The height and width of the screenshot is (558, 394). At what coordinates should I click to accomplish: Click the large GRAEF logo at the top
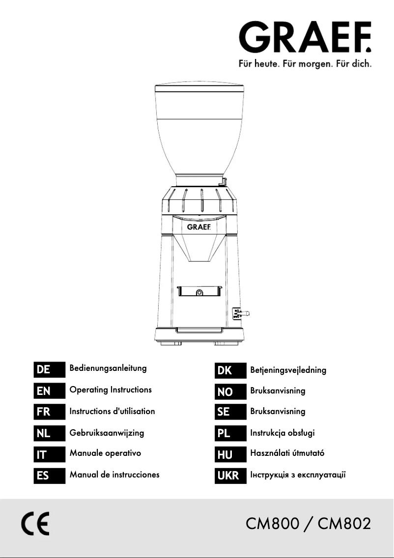(305, 37)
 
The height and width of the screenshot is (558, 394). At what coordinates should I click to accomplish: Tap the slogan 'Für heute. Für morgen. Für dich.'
(305, 64)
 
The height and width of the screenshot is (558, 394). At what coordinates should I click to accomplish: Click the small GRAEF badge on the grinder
(199, 227)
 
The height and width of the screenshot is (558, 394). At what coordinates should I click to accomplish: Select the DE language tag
(50, 369)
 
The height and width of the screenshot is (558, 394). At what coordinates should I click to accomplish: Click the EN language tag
(50, 391)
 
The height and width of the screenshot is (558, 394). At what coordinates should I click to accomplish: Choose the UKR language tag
(230, 475)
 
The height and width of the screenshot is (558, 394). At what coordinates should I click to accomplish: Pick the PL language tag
(230, 433)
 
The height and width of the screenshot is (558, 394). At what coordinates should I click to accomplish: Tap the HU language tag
(230, 454)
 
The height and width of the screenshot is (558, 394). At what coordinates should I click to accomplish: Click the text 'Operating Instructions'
(111, 390)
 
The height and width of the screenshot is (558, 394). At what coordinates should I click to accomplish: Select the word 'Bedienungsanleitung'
(108, 368)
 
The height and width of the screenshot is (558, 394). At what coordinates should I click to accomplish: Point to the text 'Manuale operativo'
(105, 453)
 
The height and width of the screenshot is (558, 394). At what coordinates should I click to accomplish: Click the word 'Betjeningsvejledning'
(288, 370)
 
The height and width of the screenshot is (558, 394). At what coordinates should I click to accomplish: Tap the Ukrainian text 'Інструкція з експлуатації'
(298, 474)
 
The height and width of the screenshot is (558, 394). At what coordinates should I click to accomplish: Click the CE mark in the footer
(35, 524)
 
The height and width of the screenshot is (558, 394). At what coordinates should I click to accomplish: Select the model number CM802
(344, 524)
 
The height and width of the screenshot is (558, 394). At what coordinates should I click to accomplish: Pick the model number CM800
(272, 524)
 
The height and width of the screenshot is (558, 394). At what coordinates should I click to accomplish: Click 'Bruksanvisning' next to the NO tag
(278, 391)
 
